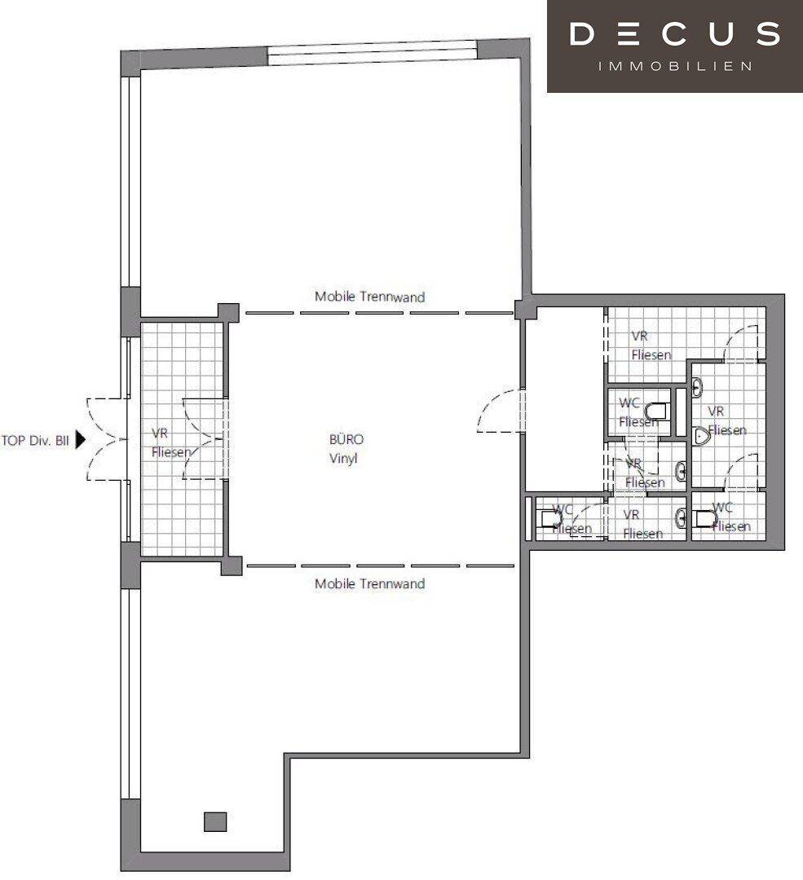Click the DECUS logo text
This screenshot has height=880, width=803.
(674, 33)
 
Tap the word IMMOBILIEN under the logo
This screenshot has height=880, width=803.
(675, 66)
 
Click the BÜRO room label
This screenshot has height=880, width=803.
(346, 439)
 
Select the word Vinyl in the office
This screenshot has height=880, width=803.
(343, 458)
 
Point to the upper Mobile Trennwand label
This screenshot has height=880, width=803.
(369, 297)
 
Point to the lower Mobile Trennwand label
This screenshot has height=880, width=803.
(369, 583)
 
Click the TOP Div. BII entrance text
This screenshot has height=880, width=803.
(35, 441)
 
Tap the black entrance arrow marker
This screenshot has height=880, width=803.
(80, 440)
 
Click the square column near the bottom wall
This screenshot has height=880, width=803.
(215, 821)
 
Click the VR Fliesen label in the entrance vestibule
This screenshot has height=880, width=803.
(171, 442)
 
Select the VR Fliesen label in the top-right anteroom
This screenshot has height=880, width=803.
(651, 345)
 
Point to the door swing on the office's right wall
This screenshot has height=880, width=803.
(500, 411)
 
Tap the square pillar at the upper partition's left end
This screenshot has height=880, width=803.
(228, 313)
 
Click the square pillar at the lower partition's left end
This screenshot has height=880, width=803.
(232, 565)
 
